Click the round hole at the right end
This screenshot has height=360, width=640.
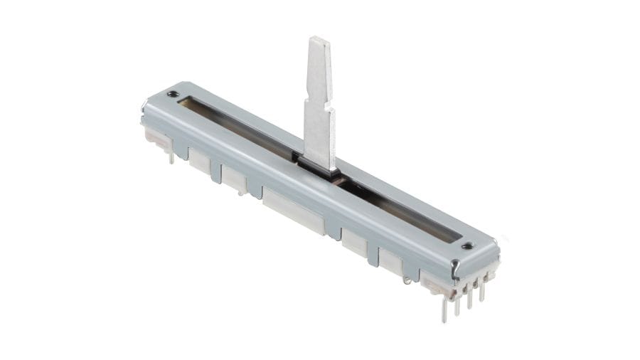(x=466, y=246)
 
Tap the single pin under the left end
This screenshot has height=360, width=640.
(x=171, y=157)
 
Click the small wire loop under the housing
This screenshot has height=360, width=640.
(x=407, y=280)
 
